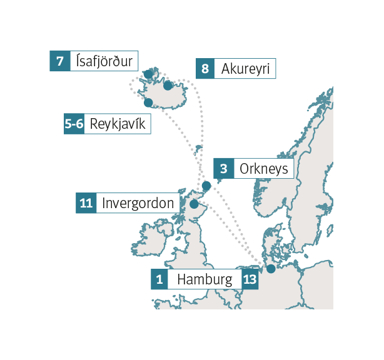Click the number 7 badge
(59, 61)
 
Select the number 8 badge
(205, 69)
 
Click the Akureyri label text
(245, 69)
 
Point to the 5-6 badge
(74, 124)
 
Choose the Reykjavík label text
(118, 124)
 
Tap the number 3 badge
(223, 169)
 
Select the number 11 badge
(87, 203)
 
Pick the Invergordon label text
(138, 203)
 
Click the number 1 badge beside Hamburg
(159, 279)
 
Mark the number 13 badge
(250, 279)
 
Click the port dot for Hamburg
(271, 269)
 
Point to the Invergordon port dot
(194, 204)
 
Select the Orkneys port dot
(206, 186)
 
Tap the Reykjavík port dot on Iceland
(149, 102)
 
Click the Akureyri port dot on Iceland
(168, 86)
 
